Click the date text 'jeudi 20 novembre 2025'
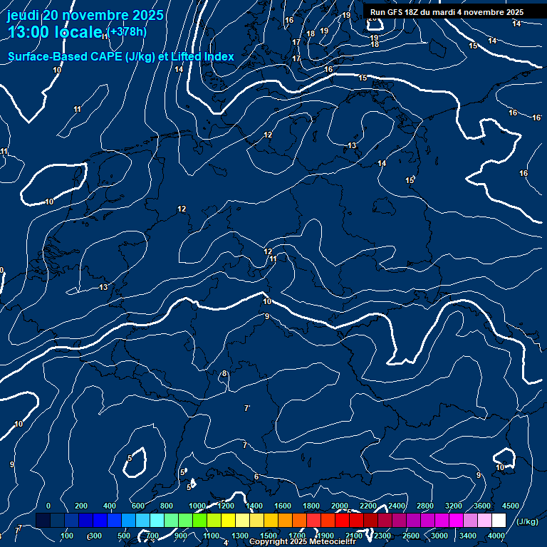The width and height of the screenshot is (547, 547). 85,15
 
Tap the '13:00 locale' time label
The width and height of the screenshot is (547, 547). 56,33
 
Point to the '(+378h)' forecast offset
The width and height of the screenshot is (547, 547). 127,31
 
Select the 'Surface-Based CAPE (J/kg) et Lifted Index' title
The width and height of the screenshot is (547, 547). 121,56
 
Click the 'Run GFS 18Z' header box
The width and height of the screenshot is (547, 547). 447,12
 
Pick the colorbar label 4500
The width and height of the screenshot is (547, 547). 510,506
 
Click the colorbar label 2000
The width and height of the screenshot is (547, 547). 340,506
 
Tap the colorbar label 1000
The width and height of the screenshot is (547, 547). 197,506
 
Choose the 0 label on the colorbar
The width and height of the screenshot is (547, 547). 48,506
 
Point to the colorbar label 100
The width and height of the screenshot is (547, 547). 68,536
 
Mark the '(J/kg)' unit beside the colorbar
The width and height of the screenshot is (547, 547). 527,521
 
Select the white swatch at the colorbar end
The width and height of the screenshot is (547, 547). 499,521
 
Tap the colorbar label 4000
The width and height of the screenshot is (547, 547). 496,536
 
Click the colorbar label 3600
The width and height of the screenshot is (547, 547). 482,506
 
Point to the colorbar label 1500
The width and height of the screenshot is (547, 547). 269,536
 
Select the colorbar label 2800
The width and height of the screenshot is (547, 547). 425,506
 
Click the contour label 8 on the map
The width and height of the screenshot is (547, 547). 224,373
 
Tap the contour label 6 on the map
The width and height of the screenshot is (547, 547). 256,476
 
